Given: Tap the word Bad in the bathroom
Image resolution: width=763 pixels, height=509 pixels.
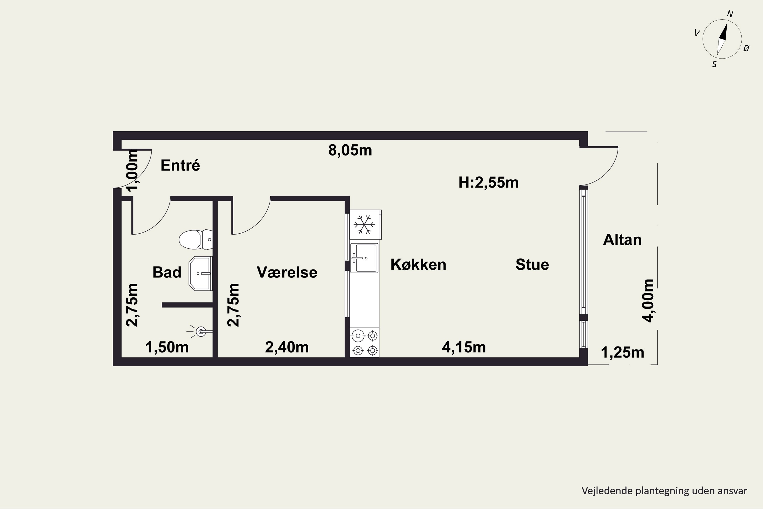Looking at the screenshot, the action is (x=167, y=272).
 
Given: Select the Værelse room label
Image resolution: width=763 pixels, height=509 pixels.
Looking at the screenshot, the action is (x=287, y=272).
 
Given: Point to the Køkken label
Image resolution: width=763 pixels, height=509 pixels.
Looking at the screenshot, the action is (x=418, y=265).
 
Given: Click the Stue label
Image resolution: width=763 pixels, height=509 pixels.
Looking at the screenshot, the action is (x=532, y=265).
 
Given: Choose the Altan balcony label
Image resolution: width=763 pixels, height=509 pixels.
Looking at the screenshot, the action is (x=622, y=240).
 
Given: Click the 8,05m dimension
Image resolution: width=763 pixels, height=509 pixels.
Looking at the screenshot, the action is (x=350, y=150).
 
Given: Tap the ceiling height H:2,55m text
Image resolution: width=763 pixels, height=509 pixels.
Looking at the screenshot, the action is (x=488, y=182).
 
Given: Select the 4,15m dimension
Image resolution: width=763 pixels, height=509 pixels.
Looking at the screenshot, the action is (x=464, y=347).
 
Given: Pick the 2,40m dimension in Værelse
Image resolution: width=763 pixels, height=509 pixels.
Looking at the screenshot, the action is (x=287, y=347).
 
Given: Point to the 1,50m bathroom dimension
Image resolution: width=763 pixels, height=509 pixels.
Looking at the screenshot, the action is (x=167, y=347).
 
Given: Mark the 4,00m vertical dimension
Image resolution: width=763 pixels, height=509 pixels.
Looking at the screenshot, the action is (x=649, y=301).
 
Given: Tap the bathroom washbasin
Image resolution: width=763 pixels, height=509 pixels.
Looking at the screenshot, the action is (x=200, y=273).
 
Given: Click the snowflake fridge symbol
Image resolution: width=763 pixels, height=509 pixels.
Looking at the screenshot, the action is (x=364, y=224).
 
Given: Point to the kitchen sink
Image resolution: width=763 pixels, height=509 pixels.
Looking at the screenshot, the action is (x=364, y=258).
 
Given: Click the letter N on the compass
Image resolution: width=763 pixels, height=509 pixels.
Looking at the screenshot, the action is (x=730, y=14).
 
